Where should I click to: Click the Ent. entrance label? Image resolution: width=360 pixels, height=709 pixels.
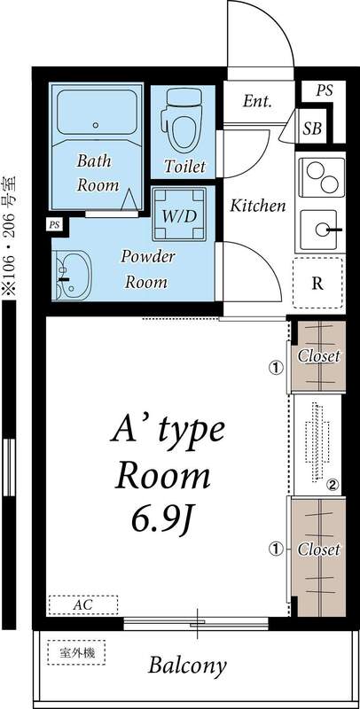[257, 101]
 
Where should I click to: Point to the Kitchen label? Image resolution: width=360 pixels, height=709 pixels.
[258, 206]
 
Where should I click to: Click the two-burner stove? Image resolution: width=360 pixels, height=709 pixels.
[321, 177]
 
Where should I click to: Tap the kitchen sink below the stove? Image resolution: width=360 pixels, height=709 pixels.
[321, 230]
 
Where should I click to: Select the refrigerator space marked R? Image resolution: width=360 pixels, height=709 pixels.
[317, 284]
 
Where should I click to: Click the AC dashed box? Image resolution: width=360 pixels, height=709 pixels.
[82, 604]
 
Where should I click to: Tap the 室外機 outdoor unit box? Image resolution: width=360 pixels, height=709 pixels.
[76, 653]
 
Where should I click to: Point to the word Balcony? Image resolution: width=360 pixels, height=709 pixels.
[187, 665]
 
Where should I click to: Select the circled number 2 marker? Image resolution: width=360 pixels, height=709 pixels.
[332, 484]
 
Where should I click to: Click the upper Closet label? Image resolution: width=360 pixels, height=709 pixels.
[318, 356]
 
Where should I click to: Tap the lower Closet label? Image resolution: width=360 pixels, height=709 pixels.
[318, 549]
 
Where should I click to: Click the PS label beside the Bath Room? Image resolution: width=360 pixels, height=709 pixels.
[55, 225]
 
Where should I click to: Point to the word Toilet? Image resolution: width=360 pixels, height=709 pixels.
[184, 166]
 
